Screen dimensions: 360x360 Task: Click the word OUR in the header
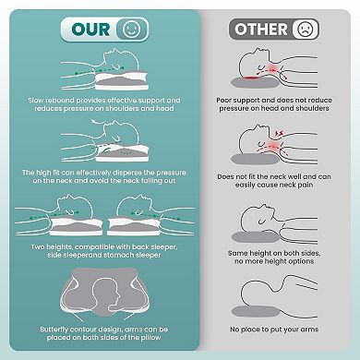coord(90,30)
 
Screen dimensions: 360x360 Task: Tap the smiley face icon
coord(131,30)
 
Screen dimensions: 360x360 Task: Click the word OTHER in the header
coord(261,30)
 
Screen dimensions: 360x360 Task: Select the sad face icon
coord(306,30)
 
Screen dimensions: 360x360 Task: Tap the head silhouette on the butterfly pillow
coord(106,295)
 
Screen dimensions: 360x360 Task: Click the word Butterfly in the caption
coord(54,330)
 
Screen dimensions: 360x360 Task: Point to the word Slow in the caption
coord(36,101)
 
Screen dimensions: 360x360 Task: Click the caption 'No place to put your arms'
coord(274,330)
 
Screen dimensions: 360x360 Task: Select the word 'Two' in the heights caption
coord(38,247)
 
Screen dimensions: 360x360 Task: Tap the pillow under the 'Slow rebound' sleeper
coord(122,80)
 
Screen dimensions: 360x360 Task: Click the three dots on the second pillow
coord(124,153)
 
